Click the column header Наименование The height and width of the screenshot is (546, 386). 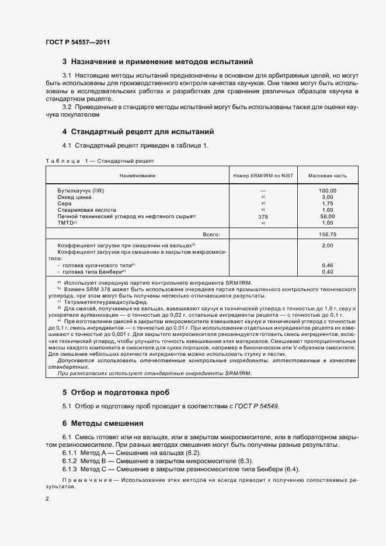(x=137, y=175)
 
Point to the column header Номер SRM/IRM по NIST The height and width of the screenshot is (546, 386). (x=263, y=175)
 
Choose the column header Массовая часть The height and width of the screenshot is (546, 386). (x=328, y=175)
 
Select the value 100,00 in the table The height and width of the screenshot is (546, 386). (x=328, y=191)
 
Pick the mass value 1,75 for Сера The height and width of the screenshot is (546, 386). (x=328, y=204)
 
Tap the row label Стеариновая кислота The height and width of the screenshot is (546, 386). (x=86, y=210)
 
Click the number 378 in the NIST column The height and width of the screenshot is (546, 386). (x=263, y=216)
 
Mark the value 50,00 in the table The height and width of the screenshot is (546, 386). (x=328, y=216)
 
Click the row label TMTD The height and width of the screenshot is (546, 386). (x=67, y=223)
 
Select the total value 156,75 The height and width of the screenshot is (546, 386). (x=328, y=234)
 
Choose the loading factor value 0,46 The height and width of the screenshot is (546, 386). (x=328, y=265)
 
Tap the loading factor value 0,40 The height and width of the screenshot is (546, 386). (x=328, y=272)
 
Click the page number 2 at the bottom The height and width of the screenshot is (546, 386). (x=47, y=499)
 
